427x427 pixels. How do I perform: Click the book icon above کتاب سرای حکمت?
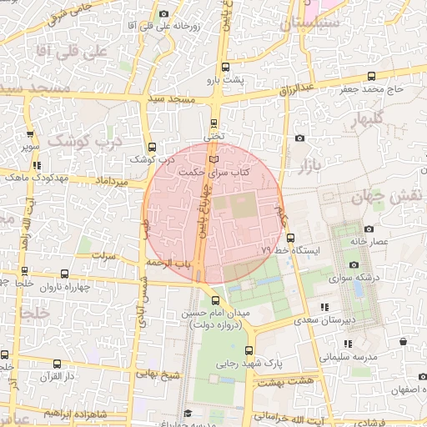pyautogui.click(x=214, y=158)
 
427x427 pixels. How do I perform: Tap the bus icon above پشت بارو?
pyautogui.click(x=225, y=68)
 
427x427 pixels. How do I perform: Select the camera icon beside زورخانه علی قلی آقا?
pyautogui.click(x=163, y=14)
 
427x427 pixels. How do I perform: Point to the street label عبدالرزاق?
pyautogui.click(x=297, y=87)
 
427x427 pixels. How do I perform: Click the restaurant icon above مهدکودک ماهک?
pyautogui.click(x=38, y=166)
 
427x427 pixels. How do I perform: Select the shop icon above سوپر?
pyautogui.click(x=31, y=133)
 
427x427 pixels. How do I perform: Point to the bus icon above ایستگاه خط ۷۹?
pyautogui.click(x=302, y=238)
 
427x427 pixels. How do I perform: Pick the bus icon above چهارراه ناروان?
pyautogui.click(x=24, y=271)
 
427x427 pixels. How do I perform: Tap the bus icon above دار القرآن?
pyautogui.click(x=57, y=364)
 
